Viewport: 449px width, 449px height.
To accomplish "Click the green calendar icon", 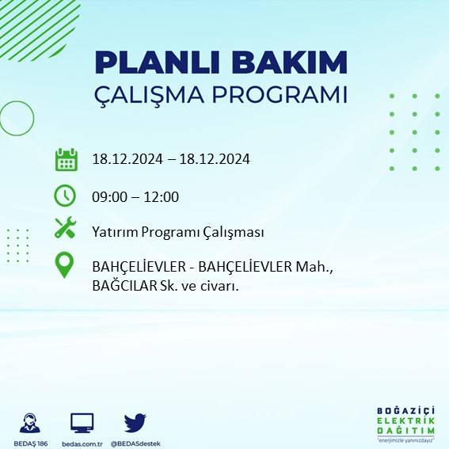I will coord(66,159).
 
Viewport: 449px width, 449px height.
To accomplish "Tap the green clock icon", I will coord(65,195).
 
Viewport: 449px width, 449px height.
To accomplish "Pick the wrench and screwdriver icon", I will coord(65,229).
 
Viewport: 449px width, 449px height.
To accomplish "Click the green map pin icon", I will coord(65,264).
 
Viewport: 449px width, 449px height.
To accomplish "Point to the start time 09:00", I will coord(108,197).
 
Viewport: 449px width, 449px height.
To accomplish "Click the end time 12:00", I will coord(163,197).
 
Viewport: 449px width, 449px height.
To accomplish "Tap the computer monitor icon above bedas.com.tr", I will coord(82,423).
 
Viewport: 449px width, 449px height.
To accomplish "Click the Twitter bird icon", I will coord(135,423).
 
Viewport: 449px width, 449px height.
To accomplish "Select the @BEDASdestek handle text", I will coord(135,443).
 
